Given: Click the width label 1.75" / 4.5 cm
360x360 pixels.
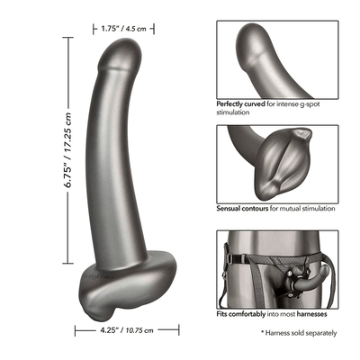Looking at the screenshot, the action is tap(123, 29).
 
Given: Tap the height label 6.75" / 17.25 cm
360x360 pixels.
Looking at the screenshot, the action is tap(68, 150).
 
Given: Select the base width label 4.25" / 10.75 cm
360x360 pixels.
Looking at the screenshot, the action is tap(127, 330).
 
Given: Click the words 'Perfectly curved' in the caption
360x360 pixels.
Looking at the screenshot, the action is tap(240, 104).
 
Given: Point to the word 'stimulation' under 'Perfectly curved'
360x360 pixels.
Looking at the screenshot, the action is tap(233, 112).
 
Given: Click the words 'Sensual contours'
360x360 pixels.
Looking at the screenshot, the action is tap(242, 208).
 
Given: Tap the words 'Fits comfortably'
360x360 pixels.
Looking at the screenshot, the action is tap(241, 314).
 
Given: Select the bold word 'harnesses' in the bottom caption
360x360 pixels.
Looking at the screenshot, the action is tap(311, 314).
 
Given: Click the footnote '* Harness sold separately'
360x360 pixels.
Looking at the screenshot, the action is tap(299, 333).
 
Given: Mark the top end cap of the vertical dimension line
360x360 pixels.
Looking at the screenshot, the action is tap(68, 38).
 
